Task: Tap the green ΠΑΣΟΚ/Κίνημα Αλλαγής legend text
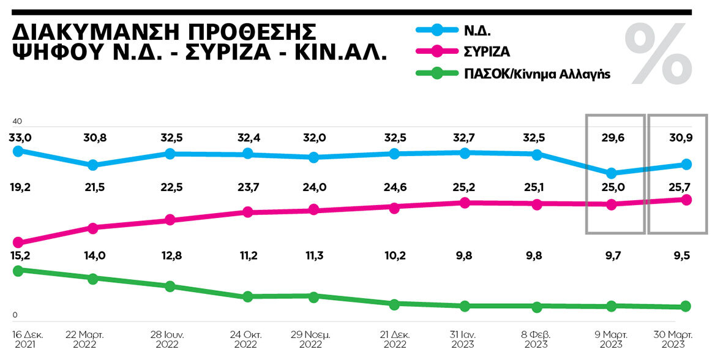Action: click(x=536, y=73)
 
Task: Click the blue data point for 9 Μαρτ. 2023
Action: click(x=611, y=173)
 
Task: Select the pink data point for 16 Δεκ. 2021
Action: click(x=18, y=242)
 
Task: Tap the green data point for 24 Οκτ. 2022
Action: click(x=247, y=297)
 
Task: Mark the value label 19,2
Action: click(x=19, y=187)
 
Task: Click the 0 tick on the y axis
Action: click(x=15, y=315)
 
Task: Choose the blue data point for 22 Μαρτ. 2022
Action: click(x=93, y=165)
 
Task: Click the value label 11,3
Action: click(x=313, y=256)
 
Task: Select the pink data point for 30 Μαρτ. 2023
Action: click(x=686, y=200)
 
